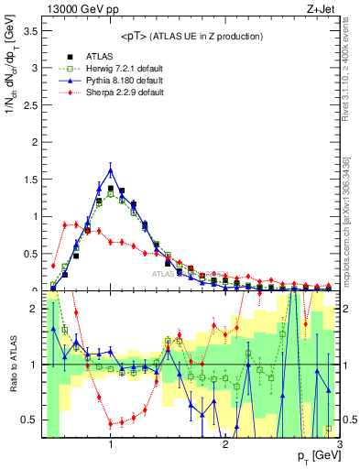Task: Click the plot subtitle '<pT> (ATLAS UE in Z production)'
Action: click(191, 36)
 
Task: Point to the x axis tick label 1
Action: click(111, 444)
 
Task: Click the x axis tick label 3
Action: click(339, 444)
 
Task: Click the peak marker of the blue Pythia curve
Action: click(111, 170)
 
